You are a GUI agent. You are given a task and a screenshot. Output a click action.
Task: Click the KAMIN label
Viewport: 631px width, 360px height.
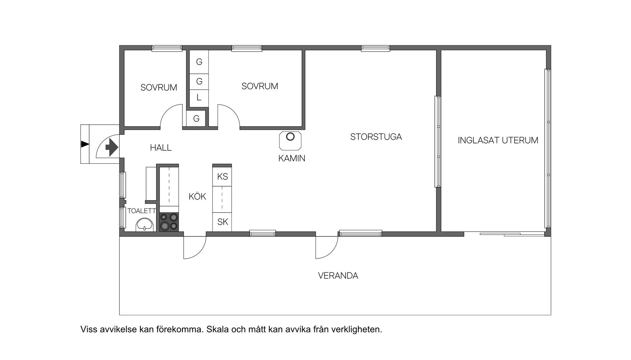coord(292,158)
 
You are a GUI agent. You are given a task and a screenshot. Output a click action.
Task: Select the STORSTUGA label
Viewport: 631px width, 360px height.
coord(376,137)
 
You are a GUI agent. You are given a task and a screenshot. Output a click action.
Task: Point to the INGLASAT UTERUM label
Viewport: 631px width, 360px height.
coord(498,140)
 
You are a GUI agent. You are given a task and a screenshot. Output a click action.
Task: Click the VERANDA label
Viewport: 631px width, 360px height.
coord(338,276)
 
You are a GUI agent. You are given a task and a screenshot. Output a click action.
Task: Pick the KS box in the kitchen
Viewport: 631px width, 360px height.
coord(222,177)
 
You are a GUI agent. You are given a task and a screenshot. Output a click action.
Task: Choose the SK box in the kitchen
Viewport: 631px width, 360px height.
coord(222,222)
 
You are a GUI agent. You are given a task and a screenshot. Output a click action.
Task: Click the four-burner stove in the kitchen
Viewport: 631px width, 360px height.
coord(169,222)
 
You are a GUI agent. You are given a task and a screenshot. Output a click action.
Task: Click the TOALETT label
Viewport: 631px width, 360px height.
coord(141,211)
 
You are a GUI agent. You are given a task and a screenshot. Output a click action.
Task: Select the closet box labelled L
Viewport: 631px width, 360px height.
coord(199,98)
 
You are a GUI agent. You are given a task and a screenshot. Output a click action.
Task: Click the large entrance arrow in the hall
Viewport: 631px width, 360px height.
coord(111,147)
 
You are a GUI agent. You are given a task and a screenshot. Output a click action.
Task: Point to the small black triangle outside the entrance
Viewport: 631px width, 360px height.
coord(85,144)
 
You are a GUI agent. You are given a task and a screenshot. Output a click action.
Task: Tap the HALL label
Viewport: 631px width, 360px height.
coord(161,148)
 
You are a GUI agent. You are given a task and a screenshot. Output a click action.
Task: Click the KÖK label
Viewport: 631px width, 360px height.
coord(197,197)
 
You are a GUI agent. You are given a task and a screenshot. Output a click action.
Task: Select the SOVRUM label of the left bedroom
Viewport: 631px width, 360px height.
coord(159,88)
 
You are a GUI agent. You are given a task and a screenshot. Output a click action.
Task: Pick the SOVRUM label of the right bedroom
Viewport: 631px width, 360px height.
coord(260,86)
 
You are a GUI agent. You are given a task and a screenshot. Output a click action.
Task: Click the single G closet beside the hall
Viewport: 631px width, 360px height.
coord(196,119)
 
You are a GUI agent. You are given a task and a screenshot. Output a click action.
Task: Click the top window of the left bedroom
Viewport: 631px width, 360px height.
coord(167,48)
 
